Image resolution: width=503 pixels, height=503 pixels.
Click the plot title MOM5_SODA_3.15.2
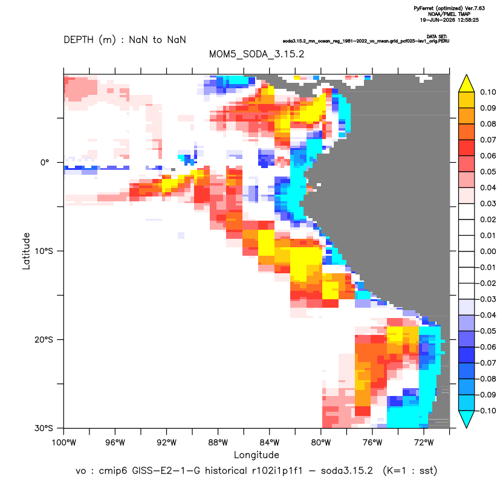pyautogui.click(x=256, y=54)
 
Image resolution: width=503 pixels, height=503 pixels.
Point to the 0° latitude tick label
pyautogui.click(x=45, y=162)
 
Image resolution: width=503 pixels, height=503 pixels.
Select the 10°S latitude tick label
pyautogui.click(x=44, y=251)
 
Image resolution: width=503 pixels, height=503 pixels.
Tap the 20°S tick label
pyautogui.click(x=44, y=339)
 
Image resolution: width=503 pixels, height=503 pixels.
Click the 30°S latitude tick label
pyautogui.click(x=44, y=428)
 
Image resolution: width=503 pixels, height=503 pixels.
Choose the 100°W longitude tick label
pyautogui.click(x=64, y=443)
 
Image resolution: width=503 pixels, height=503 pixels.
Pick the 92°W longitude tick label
pyautogui.click(x=166, y=443)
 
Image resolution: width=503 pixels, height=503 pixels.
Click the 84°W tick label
pyautogui.click(x=270, y=443)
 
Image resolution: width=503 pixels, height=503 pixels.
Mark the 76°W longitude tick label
pyautogui.click(x=372, y=443)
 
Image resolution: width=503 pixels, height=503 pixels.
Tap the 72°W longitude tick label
pyautogui.click(x=424, y=443)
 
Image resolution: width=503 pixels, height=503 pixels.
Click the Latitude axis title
pyautogui.click(x=26, y=251)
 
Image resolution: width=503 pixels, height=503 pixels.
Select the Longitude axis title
pyautogui.click(x=256, y=455)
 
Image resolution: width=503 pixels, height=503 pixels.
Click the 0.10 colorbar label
pyautogui.click(x=488, y=92)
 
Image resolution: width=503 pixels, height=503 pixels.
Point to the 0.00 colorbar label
pyautogui.click(x=488, y=251)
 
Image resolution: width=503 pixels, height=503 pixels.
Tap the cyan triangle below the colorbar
pyautogui.click(x=467, y=418)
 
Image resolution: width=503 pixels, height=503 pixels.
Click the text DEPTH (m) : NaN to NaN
pyautogui.click(x=125, y=40)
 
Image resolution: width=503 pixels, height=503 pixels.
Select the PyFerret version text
pyautogui.click(x=449, y=8)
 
